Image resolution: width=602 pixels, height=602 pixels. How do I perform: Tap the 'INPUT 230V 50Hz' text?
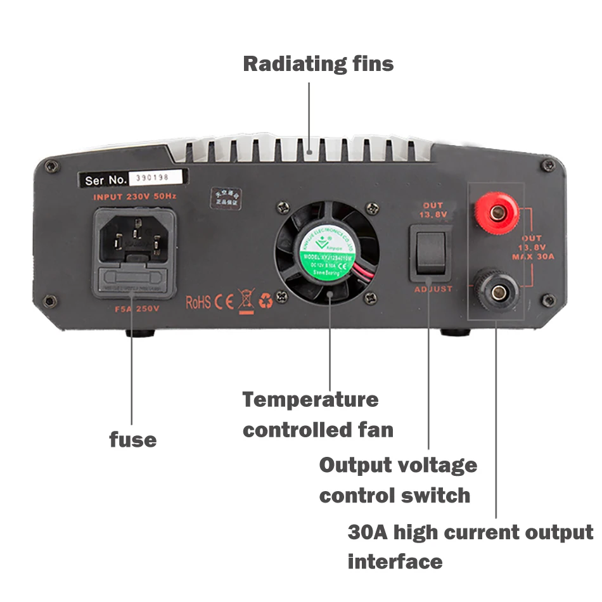134,197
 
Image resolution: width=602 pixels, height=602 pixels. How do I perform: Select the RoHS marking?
198,302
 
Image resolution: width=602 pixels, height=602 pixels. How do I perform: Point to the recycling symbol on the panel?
266,301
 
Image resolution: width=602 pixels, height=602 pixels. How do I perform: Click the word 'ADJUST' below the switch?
433,289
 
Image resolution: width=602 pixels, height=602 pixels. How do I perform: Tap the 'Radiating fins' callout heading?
318,64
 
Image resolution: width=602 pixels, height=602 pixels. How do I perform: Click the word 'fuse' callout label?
132,439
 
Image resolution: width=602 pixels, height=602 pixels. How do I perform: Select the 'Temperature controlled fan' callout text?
317,414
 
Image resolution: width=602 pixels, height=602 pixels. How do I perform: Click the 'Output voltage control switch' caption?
397,480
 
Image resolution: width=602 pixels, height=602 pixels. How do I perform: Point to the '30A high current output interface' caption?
470,546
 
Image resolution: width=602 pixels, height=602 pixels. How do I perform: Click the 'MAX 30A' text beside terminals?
533,257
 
